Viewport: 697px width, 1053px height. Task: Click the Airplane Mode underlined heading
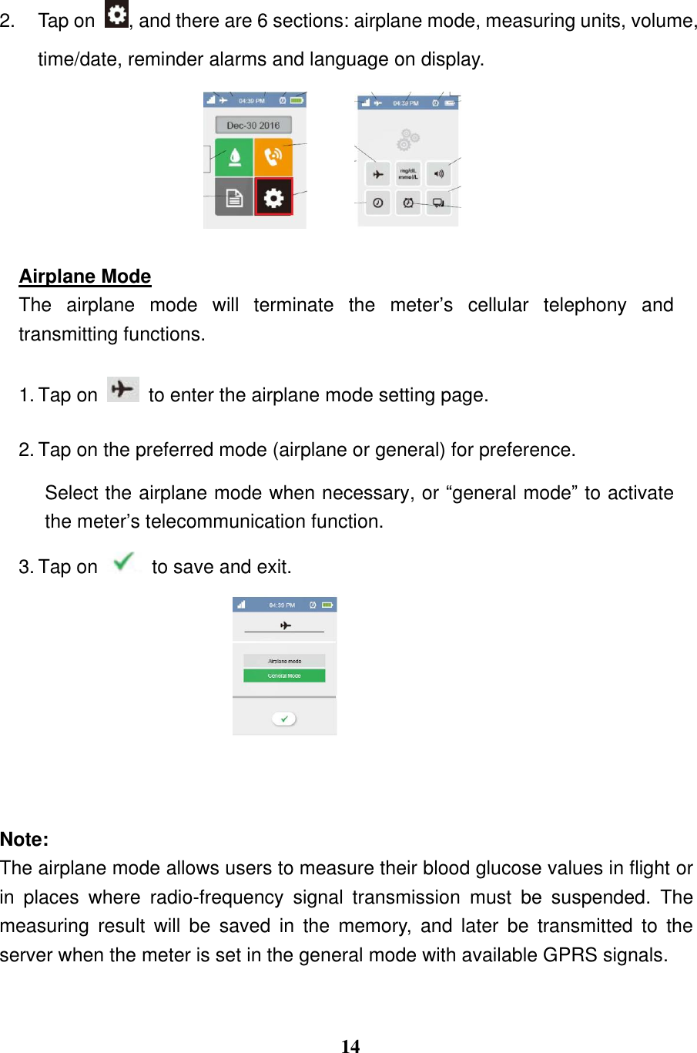point(85,277)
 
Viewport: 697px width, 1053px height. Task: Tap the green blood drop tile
point(234,158)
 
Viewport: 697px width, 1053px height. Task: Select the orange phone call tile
point(273,158)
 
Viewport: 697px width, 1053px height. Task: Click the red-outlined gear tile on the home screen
point(273,198)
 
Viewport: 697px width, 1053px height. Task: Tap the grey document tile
point(234,198)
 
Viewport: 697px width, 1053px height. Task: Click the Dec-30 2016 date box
point(253,125)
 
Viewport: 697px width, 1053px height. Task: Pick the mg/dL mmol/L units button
point(408,174)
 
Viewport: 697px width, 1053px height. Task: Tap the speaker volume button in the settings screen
point(438,174)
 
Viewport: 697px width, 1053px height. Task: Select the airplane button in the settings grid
point(377,174)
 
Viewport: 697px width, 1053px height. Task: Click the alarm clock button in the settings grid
point(408,203)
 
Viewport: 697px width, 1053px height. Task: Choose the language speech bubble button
point(438,203)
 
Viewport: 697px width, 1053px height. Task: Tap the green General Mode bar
point(284,676)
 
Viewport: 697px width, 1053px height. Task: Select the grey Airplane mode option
point(284,661)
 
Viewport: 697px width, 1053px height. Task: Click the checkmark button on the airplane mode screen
point(284,719)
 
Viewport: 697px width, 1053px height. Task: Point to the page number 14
point(350,1045)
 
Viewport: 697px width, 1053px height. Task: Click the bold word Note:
point(25,840)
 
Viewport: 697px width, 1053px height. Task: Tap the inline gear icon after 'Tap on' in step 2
point(116,15)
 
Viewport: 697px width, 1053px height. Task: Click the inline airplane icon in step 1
point(122,390)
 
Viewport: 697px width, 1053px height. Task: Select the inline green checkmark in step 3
point(123,562)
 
